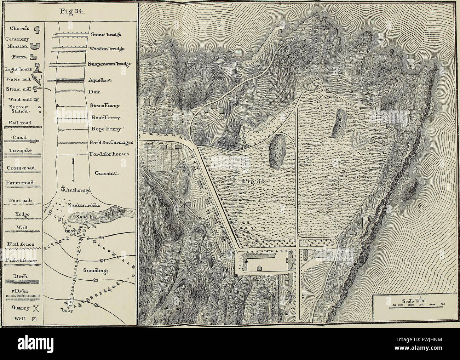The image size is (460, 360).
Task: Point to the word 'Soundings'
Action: tap(96, 271)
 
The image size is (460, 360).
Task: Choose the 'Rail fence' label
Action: tap(19, 244)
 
